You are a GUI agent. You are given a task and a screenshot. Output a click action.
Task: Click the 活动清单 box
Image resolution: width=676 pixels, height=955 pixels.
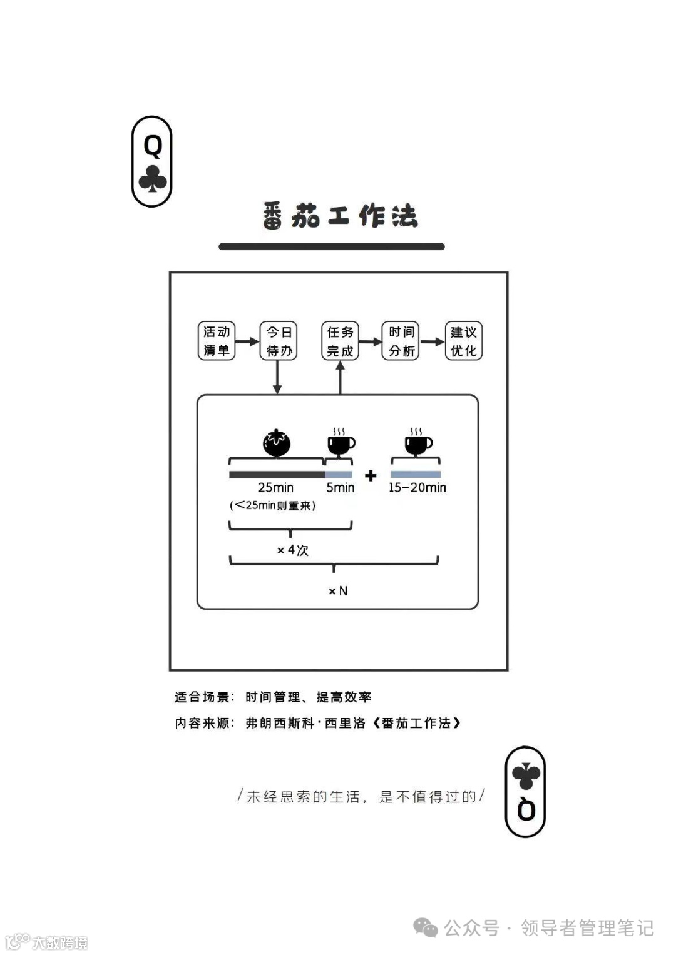pos(217,341)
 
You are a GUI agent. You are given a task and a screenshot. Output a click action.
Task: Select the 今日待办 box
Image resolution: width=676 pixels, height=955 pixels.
pos(279,341)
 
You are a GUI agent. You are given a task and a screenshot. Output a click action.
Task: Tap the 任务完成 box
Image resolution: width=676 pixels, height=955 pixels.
pos(340,341)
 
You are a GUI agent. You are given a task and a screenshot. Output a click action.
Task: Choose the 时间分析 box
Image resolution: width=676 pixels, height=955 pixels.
pos(401,341)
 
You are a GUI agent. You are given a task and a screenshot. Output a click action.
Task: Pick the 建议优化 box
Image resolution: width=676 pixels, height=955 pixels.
pos(463,341)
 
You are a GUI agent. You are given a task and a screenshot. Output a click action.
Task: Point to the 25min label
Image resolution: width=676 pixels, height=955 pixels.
pos(275,487)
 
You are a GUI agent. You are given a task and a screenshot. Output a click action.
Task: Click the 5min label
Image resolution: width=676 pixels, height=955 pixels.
pos(340,487)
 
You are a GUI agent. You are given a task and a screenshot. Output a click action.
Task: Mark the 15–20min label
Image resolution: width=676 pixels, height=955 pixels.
pos(417,487)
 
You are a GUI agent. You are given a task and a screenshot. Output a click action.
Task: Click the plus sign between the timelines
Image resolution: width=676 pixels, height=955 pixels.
pos(371,476)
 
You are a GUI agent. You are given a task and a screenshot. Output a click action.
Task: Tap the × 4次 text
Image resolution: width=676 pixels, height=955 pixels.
pos(293,550)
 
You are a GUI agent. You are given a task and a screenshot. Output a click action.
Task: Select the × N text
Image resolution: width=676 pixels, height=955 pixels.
pos(338,591)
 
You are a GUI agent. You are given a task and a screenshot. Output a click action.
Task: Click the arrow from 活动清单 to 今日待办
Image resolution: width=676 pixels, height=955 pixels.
pos(247,341)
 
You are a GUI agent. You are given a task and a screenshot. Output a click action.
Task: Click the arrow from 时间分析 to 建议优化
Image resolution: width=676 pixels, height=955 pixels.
pos(432,341)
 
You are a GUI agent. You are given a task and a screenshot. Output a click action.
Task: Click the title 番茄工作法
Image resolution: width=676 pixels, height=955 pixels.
pos(340,216)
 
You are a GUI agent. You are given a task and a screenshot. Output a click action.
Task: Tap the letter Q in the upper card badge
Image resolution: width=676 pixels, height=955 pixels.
pos(153,146)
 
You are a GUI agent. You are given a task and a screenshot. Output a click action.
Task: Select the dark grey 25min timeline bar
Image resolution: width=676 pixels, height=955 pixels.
pos(277,475)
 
